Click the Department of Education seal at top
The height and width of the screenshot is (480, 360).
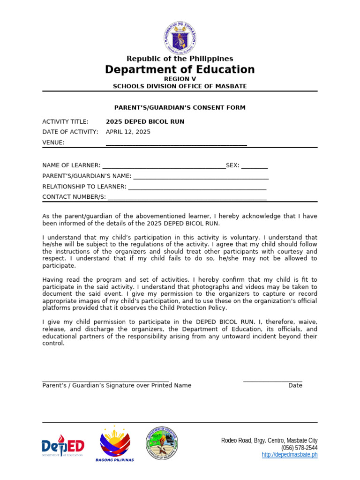[x=180, y=37]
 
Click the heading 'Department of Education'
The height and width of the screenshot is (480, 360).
[x=180, y=70]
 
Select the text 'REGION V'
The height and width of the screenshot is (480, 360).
[x=180, y=79]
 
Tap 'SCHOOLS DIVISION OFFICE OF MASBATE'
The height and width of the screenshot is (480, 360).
[x=180, y=86]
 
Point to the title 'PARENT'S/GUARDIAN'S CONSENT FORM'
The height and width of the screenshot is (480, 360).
[x=180, y=108]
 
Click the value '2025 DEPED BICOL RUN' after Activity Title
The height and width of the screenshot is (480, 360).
[x=145, y=121]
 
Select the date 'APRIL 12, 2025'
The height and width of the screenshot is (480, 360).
[x=128, y=132]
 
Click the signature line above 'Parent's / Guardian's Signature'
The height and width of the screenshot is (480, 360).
[x=105, y=381]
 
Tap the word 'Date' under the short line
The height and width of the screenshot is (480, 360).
[x=295, y=385]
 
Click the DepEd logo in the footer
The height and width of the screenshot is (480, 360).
[x=63, y=447]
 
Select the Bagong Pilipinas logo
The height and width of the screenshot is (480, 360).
[x=115, y=444]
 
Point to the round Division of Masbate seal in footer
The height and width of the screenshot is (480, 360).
[x=162, y=443]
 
